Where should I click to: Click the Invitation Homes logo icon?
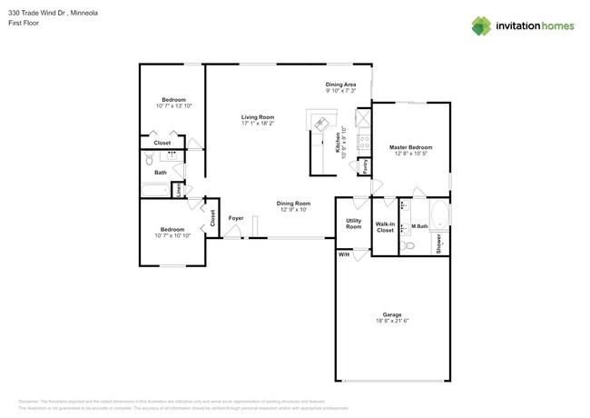[481, 25]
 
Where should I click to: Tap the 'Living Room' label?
[258, 117]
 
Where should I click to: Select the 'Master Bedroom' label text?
[410, 147]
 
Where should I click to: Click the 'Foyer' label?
[236, 218]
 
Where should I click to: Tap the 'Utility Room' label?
[354, 223]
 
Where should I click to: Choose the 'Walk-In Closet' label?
[385, 227]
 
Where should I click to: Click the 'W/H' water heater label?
[344, 254]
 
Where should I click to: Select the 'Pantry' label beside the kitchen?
[365, 167]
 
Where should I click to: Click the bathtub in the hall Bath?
[155, 190]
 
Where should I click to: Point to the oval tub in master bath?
[438, 215]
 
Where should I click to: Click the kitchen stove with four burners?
[362, 141]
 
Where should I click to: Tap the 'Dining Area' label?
[340, 85]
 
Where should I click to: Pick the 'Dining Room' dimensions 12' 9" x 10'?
[293, 210]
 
